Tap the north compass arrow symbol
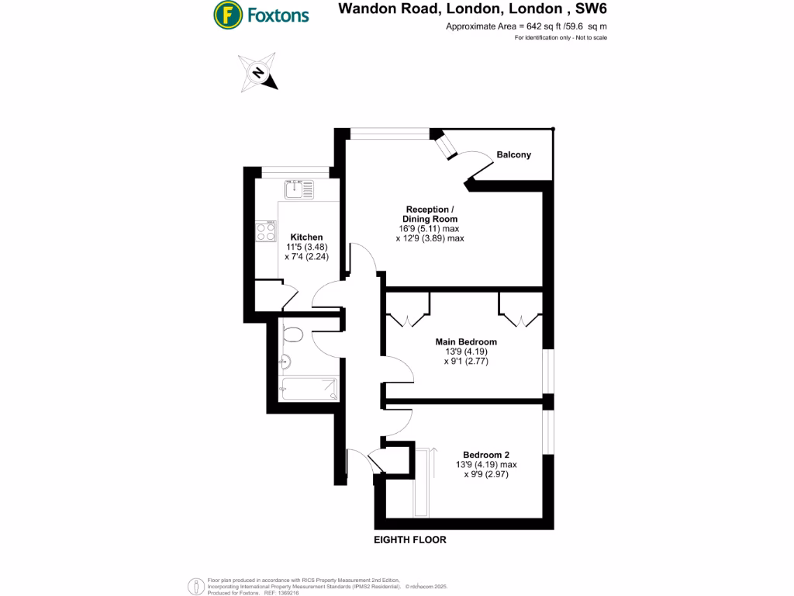click(258, 72)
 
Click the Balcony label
click(514, 154)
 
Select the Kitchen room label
click(306, 237)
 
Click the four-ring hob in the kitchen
click(266, 232)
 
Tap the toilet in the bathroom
click(292, 335)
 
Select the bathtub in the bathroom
click(309, 388)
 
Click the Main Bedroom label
click(466, 341)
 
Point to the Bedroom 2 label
click(486, 455)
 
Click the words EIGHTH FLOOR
click(410, 539)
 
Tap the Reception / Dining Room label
click(427, 215)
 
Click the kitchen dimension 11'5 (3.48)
click(306, 247)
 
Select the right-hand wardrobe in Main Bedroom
click(520, 311)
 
